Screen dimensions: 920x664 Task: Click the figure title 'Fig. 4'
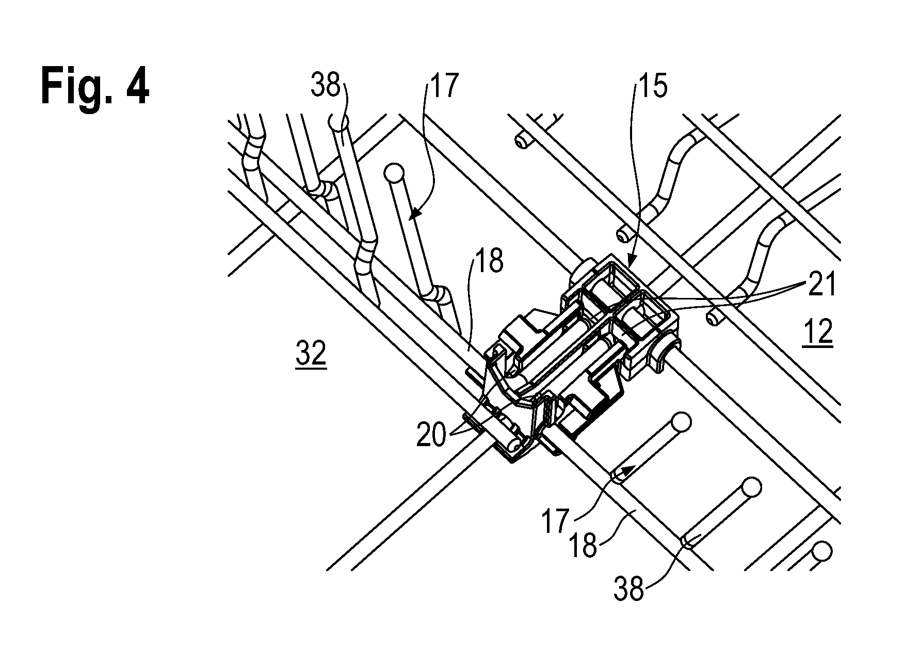pyautogui.click(x=95, y=87)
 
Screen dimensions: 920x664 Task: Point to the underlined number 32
pyautogui.click(x=311, y=355)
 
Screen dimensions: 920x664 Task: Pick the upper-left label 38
pyautogui.click(x=326, y=85)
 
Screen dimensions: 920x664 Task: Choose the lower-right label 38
pyautogui.click(x=629, y=588)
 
